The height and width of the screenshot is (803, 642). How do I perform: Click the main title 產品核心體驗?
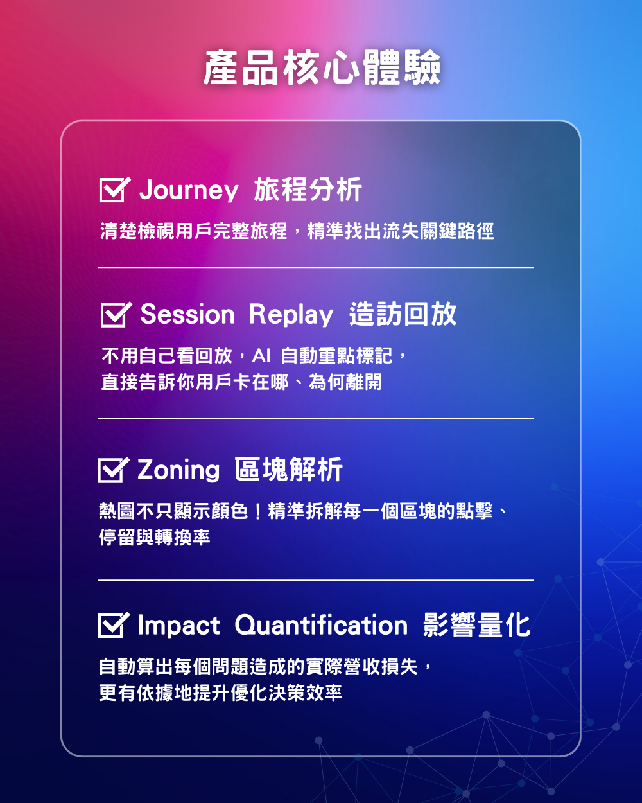pos(322,67)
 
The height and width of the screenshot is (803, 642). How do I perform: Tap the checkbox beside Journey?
pos(114,190)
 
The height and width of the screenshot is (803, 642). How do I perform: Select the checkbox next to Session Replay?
pos(116,315)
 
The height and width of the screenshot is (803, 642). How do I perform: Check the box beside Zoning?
pos(113,470)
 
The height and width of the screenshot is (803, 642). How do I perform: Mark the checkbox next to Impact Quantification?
pos(113,625)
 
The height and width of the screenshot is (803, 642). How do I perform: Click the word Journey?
pos(189,190)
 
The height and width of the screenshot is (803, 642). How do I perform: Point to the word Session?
pos(187,314)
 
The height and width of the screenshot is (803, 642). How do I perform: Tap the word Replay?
pos(291,315)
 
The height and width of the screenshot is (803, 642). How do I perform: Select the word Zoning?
pos(178,470)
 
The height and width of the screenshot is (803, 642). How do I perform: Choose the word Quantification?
pos(321,625)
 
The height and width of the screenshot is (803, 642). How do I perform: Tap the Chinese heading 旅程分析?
pos(308,190)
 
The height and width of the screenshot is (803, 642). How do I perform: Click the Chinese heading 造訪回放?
pos(403,314)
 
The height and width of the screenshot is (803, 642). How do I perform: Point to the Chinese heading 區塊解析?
pos(289,470)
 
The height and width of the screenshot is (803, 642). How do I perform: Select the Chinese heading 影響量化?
pos(477,624)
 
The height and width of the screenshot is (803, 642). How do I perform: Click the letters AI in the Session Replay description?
pos(261,356)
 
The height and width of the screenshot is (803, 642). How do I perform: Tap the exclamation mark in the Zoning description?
pos(258,511)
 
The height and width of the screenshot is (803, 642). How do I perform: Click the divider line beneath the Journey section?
pos(316,267)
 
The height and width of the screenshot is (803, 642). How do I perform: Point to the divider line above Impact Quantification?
pos(316,580)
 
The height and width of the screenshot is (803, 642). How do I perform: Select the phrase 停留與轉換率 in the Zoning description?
pos(155,538)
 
